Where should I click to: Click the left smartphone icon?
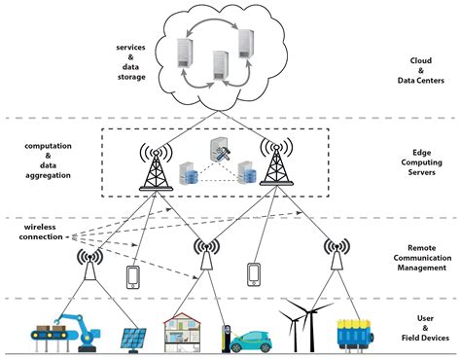(134, 276)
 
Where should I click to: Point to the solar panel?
(132, 338)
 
